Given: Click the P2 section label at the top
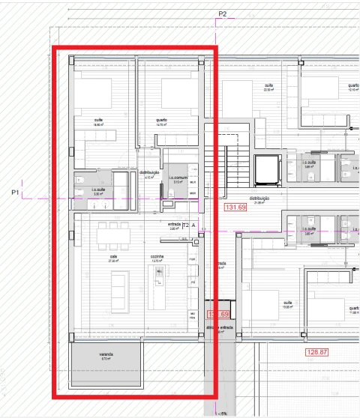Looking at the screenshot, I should click(x=222, y=14).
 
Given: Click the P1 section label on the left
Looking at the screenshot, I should click(x=15, y=193).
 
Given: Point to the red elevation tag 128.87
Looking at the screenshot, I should click(x=317, y=351).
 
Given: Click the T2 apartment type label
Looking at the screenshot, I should click(x=186, y=225).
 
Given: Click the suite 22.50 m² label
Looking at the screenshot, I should click(x=268, y=87).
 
